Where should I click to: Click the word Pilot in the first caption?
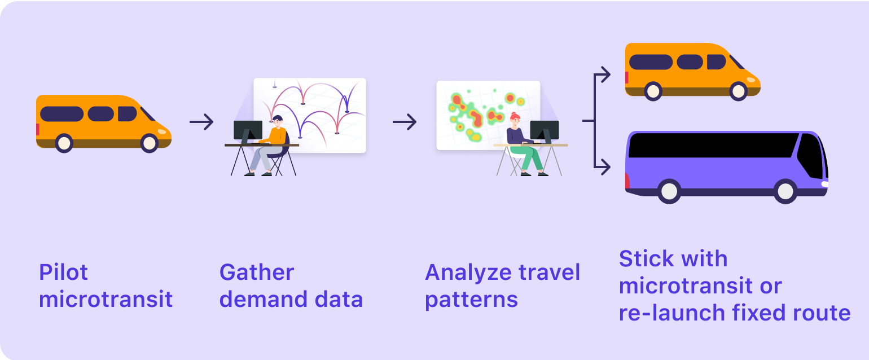pyautogui.click(x=63, y=273)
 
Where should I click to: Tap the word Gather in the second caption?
pyautogui.click(x=256, y=273)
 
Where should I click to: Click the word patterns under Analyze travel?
pyautogui.click(x=471, y=300)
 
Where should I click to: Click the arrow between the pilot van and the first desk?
pyautogui.click(x=201, y=122)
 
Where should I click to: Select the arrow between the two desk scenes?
pyautogui.click(x=405, y=122)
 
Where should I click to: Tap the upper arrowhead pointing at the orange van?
pyautogui.click(x=604, y=74)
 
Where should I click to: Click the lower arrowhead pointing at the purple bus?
pyautogui.click(x=604, y=167)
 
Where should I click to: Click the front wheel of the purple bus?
pyautogui.click(x=785, y=191)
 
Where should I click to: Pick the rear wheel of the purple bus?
pyautogui.click(x=669, y=191)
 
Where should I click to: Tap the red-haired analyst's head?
pyautogui.click(x=515, y=120)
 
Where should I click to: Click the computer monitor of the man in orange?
pyautogui.click(x=248, y=131)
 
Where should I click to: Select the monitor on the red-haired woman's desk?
pyautogui.click(x=545, y=131)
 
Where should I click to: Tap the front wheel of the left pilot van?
pyautogui.click(x=150, y=143)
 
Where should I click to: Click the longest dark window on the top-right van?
pyautogui.click(x=651, y=62)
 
